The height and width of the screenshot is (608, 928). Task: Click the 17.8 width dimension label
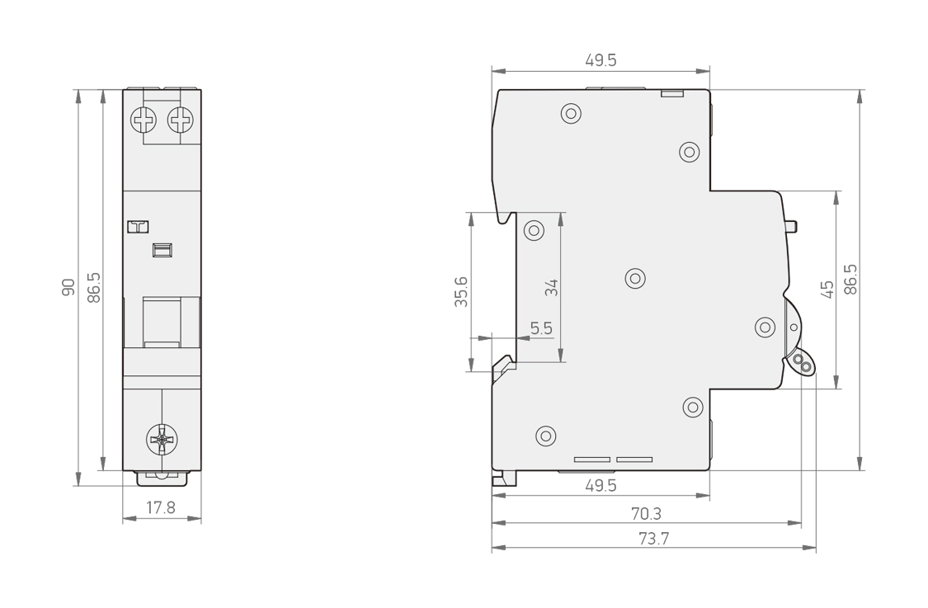pyautogui.click(x=160, y=507)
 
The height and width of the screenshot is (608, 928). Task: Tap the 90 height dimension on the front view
pyautogui.click(x=68, y=287)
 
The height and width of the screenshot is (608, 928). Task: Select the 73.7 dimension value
pyautogui.click(x=653, y=539)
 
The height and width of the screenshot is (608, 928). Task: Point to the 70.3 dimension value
pyautogui.click(x=646, y=513)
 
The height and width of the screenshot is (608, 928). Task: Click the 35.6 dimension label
pyautogui.click(x=461, y=291)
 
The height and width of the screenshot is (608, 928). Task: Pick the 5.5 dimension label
pyautogui.click(x=541, y=328)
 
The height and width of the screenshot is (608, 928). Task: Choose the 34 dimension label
pyautogui.click(x=551, y=288)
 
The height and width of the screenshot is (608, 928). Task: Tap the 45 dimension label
pyautogui.click(x=827, y=290)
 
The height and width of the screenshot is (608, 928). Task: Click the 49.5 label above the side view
pyautogui.click(x=601, y=59)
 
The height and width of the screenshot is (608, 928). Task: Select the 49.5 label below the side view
pyautogui.click(x=601, y=485)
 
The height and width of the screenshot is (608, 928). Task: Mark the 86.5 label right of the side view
pyautogui.click(x=850, y=280)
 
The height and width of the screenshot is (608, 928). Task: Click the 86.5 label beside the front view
pyautogui.click(x=93, y=287)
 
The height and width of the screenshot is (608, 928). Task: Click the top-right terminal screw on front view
pyautogui.click(x=181, y=120)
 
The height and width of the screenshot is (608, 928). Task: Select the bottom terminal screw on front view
pyautogui.click(x=162, y=439)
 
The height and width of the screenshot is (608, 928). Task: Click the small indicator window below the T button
pyautogui.click(x=163, y=251)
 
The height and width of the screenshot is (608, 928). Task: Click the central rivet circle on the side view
pyautogui.click(x=635, y=278)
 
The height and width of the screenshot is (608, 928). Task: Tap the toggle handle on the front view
pyautogui.click(x=162, y=322)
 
